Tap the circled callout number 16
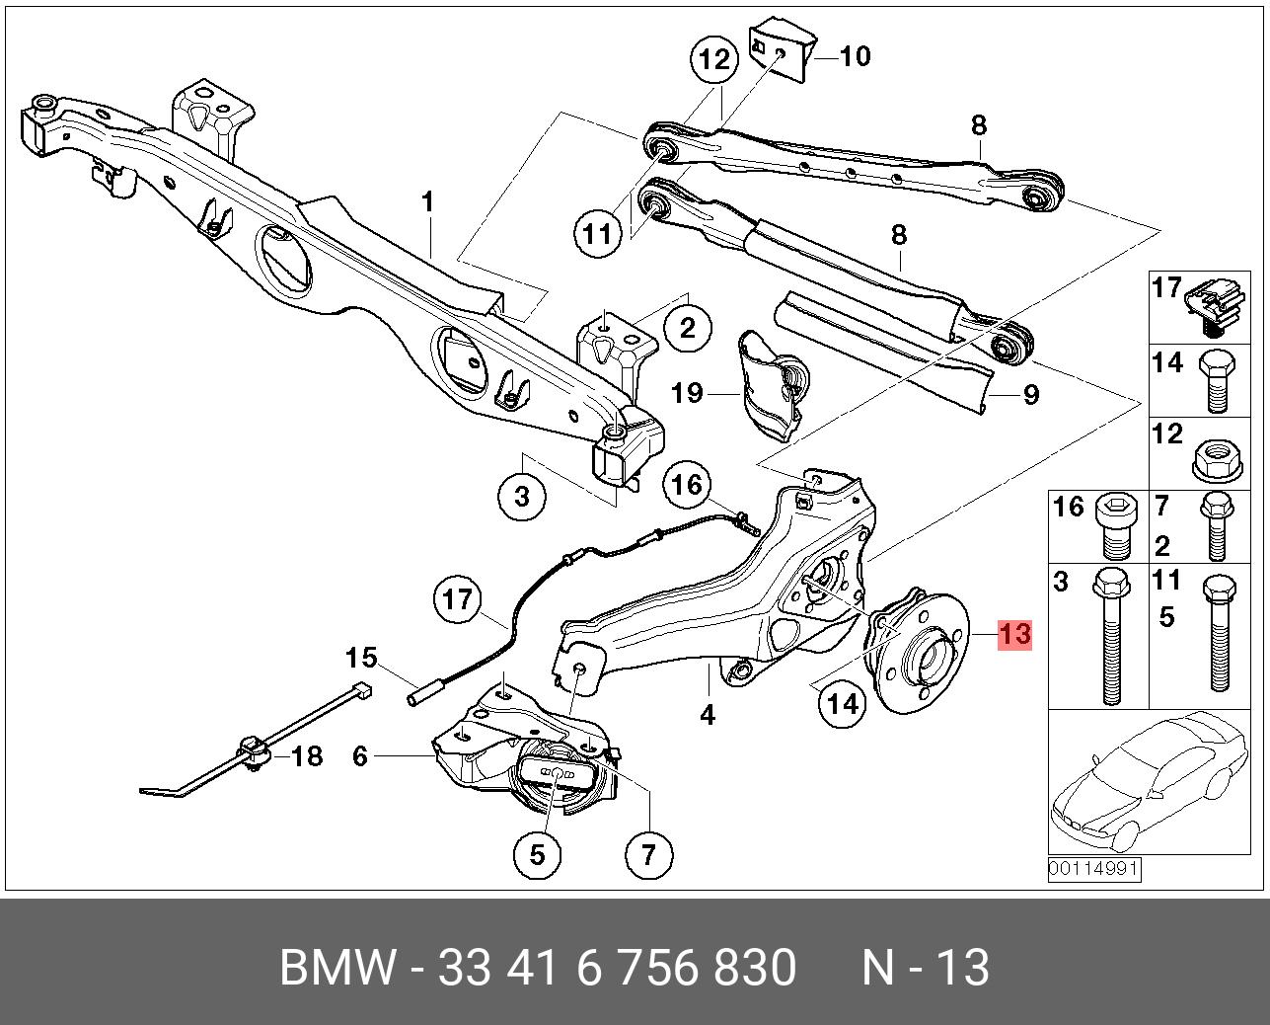688,485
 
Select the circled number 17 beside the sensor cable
458,599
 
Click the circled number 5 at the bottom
537,854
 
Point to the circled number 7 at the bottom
648,854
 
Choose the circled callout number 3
522,497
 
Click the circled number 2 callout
688,329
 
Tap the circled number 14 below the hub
843,704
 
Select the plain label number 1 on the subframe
427,202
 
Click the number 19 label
688,393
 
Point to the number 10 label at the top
855,56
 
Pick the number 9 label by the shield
1031,395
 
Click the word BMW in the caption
336,967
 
